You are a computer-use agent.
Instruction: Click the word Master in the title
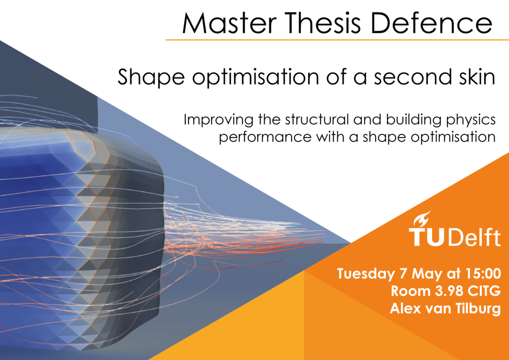coord(230,23)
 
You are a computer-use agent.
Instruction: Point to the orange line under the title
coord(337,40)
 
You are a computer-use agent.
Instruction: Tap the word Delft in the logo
coord(475,237)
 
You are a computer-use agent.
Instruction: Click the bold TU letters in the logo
coord(429,237)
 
